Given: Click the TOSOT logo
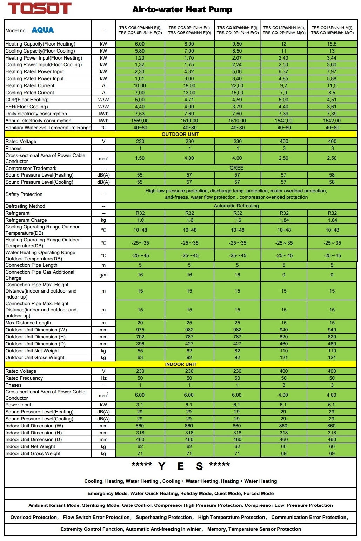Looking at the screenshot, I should [40, 8].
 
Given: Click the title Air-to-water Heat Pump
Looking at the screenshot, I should [182, 10].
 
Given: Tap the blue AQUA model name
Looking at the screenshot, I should [43, 30].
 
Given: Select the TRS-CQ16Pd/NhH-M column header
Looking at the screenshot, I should [332, 30].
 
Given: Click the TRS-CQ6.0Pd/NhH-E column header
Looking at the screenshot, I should [140, 30].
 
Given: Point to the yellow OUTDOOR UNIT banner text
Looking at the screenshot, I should [180, 134].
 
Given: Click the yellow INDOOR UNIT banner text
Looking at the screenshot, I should [181, 364].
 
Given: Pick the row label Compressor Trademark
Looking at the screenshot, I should [31, 168].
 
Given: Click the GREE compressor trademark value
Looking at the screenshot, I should [236, 168].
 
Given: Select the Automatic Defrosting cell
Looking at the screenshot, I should [236, 206].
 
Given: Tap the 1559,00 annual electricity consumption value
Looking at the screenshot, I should [140, 121].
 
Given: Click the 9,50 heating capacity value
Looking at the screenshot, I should [237, 44].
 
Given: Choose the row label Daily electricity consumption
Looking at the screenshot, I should [36, 114].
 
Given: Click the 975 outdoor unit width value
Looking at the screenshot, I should [140, 330].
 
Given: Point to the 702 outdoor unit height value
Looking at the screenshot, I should [140, 337].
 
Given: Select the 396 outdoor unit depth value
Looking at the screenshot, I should [140, 344].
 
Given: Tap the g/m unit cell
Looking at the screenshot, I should [103, 275].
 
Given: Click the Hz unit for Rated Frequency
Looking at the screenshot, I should [103, 378].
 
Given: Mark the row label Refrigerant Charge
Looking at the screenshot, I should [26, 220].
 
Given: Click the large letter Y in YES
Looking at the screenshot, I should [162, 466].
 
